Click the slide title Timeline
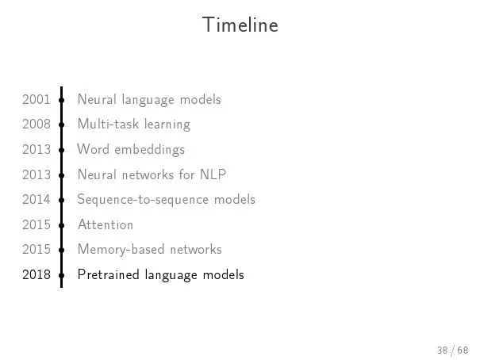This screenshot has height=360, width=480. click(x=240, y=25)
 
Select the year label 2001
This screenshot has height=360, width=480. click(x=36, y=100)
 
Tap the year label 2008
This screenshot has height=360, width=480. click(x=36, y=124)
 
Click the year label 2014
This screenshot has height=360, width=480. click(x=36, y=200)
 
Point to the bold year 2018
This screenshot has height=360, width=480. click(x=36, y=274)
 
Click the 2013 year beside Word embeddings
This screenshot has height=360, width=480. click(x=36, y=150)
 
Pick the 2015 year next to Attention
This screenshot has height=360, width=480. click(x=36, y=225)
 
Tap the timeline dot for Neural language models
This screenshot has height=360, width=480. click(x=62, y=101)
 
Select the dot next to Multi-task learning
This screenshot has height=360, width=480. click(x=62, y=125)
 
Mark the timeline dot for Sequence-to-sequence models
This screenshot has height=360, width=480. click(x=62, y=201)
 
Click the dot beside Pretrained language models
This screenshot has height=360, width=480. click(x=62, y=275)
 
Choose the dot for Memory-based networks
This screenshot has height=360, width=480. click(x=62, y=251)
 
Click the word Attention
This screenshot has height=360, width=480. click(x=106, y=225)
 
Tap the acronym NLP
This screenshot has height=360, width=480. click(x=213, y=174)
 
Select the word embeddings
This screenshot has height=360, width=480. click(x=150, y=150)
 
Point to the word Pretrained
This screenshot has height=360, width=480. click(x=109, y=274)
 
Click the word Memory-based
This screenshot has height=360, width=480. click(x=121, y=250)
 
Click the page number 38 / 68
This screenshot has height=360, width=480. click(x=453, y=350)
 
